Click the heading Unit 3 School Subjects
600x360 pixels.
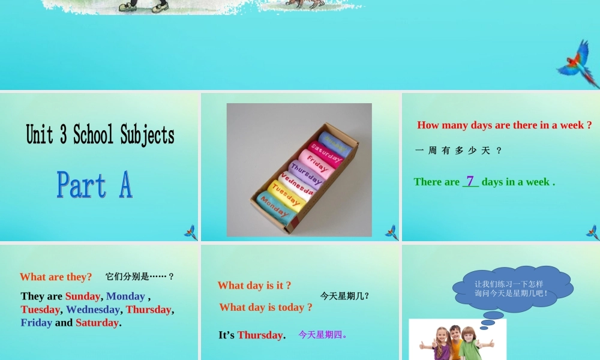100,135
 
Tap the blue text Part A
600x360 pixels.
95,185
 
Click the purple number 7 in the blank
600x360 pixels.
470,181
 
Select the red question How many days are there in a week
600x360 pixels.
504,125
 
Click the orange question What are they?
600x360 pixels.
56,277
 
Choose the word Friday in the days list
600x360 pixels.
36,323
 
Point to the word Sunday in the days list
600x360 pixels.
82,296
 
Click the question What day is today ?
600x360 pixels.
266,307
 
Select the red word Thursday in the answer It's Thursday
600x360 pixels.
259,335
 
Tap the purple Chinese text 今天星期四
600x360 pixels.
323,335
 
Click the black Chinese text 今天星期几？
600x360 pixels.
344,296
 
